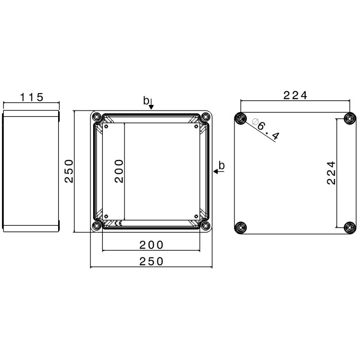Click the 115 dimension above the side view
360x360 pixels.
[x=32, y=97]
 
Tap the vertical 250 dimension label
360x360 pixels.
[x=69, y=171]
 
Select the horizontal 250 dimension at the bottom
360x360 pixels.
[x=151, y=261]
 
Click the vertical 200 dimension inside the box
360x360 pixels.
[x=119, y=171]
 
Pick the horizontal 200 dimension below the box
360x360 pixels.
[x=151, y=245]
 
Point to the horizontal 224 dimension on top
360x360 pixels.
[x=295, y=95]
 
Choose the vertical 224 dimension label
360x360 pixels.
[x=331, y=173]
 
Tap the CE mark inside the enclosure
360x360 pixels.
[x=118, y=223]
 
